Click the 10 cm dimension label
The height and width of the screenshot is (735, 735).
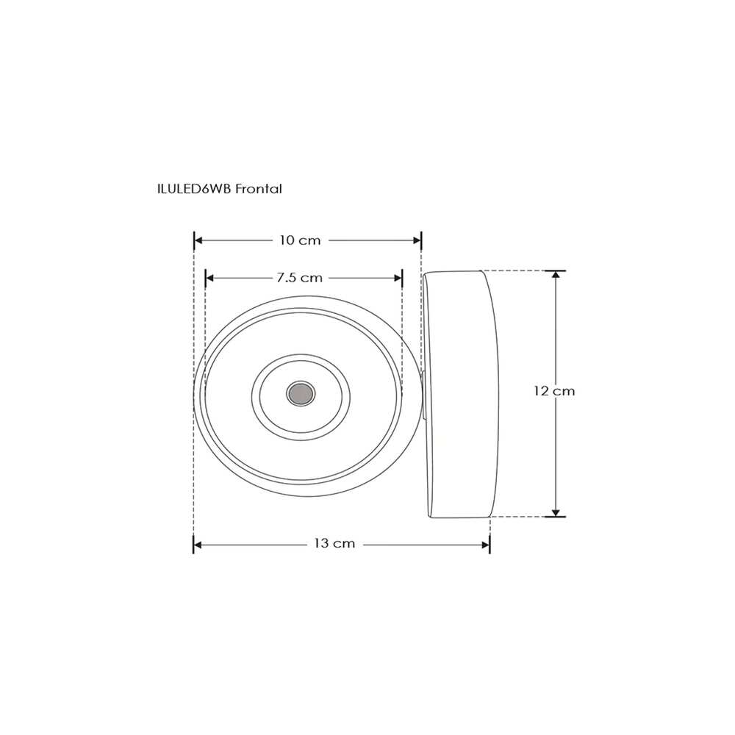click(300, 240)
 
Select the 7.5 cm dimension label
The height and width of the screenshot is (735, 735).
click(300, 278)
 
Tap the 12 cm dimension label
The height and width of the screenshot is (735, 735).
click(555, 391)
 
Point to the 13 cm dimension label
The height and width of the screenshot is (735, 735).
click(334, 544)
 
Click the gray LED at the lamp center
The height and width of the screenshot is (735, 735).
click(300, 393)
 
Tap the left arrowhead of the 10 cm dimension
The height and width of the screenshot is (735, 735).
click(198, 240)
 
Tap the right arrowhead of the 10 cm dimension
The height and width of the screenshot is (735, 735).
click(416, 240)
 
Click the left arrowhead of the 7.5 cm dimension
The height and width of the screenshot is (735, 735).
click(210, 278)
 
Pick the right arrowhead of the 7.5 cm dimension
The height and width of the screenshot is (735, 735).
click(398, 278)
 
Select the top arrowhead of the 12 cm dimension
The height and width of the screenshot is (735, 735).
click(556, 276)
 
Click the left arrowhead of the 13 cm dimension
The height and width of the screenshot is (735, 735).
click(198, 545)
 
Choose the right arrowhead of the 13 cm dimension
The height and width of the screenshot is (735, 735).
click(485, 545)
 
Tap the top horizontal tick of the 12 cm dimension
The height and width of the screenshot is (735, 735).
click(556, 270)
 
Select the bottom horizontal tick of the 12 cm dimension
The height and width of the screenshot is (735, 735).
click(556, 517)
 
